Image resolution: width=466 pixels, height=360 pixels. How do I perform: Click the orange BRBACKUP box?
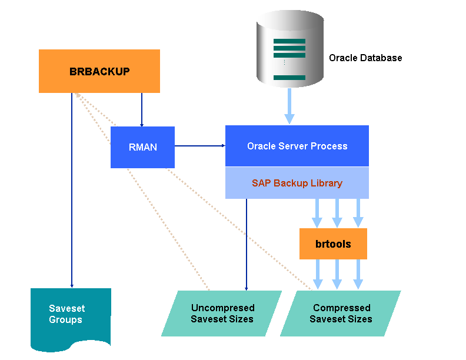(x=99, y=71)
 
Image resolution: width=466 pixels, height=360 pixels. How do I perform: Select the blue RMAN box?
(x=142, y=147)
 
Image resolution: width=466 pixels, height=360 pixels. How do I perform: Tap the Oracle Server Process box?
(x=297, y=146)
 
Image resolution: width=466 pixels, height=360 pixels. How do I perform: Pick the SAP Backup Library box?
(x=297, y=183)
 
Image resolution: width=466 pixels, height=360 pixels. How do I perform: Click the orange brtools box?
(x=333, y=244)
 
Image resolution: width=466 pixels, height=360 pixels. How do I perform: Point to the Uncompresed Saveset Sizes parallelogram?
(x=222, y=314)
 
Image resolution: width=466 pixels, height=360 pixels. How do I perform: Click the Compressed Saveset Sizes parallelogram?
(x=341, y=314)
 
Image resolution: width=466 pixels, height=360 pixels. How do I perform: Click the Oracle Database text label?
(x=365, y=58)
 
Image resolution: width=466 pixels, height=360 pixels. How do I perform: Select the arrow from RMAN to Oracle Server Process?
(x=200, y=146)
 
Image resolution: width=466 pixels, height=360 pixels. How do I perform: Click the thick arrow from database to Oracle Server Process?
(x=289, y=106)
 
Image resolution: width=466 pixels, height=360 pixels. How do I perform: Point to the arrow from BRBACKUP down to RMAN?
(x=142, y=109)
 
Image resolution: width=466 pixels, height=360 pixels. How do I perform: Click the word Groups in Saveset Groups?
(x=65, y=320)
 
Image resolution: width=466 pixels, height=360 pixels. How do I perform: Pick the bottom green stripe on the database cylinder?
(x=289, y=78)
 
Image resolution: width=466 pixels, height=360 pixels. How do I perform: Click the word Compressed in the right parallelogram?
(x=341, y=308)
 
